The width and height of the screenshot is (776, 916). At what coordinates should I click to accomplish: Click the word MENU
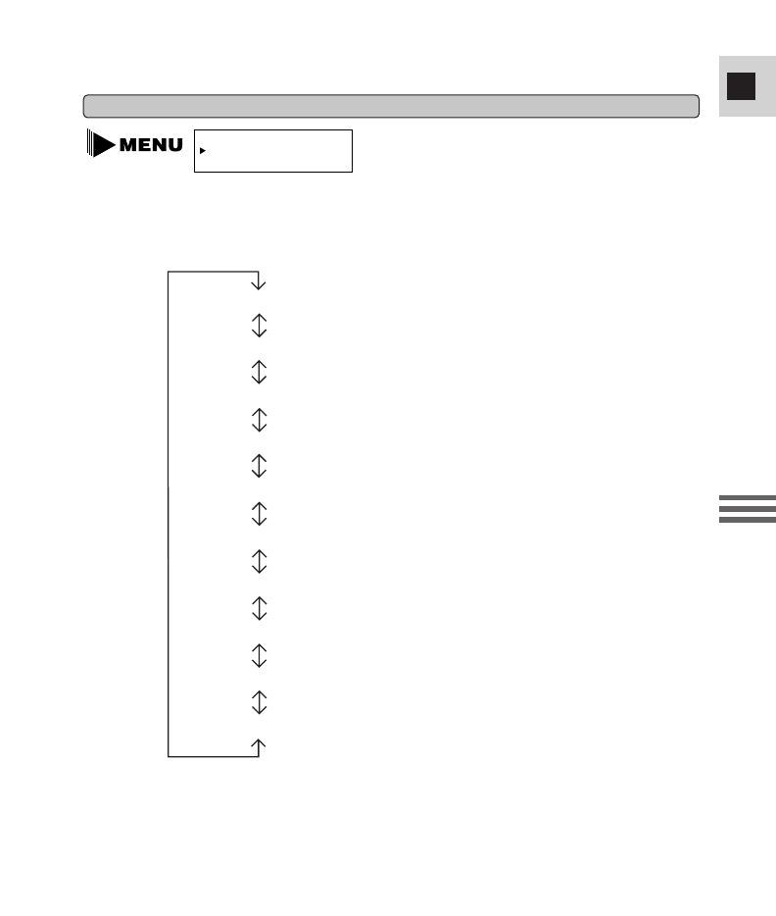(151, 145)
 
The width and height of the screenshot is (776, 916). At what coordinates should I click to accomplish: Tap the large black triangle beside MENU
(103, 144)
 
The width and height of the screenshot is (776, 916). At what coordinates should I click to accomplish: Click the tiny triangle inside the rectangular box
(203, 151)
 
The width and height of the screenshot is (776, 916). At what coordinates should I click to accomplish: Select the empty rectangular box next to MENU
(273, 151)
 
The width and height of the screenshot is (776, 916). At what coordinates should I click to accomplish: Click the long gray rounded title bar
(391, 106)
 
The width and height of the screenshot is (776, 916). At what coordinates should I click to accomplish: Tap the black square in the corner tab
(741, 86)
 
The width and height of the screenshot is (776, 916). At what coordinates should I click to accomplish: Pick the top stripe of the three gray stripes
(748, 498)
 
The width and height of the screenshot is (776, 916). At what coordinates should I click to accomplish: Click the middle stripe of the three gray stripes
(748, 509)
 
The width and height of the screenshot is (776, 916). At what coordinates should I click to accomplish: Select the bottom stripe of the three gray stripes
(748, 520)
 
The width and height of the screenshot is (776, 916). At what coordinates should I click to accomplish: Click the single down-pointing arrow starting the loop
(259, 281)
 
